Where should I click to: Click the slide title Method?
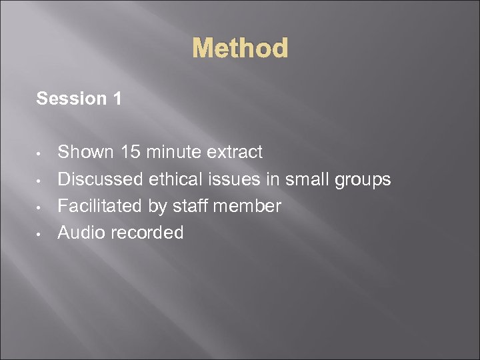(x=240, y=49)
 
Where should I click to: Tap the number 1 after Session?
(x=117, y=99)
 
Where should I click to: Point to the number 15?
(x=131, y=152)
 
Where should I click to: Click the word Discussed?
(x=100, y=179)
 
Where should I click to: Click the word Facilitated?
(x=100, y=206)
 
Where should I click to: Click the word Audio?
(x=79, y=233)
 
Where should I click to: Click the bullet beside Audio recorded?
(x=41, y=234)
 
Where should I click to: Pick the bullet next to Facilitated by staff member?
(x=41, y=207)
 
